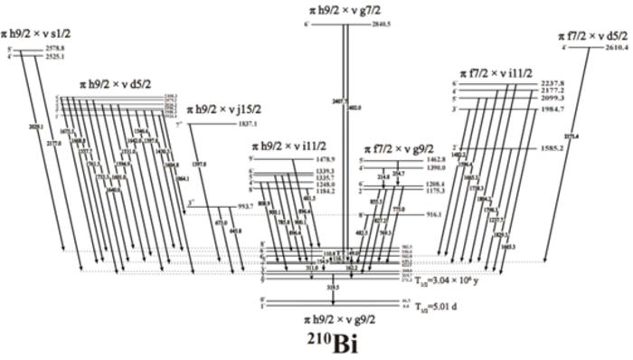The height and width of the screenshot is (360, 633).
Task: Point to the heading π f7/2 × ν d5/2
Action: tap(590, 34)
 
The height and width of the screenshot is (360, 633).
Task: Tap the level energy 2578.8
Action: tap(55, 47)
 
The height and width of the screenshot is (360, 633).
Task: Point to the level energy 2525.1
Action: tap(55, 56)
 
